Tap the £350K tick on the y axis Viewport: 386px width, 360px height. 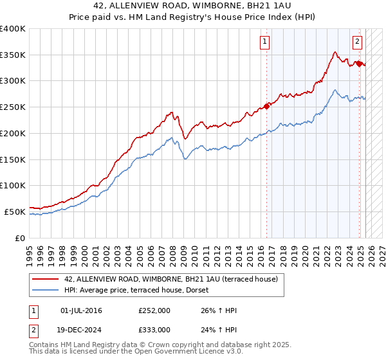coord(12,55)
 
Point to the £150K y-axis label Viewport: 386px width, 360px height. coord(12,159)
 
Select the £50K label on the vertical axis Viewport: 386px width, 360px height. coord(14,212)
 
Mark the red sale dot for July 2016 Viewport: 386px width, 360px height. coord(266,107)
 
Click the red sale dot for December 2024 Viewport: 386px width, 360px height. coord(358,64)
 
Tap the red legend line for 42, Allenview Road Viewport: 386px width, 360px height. coord(46,279)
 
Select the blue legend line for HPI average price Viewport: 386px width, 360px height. coord(46,290)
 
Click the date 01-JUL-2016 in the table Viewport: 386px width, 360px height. coord(80,310)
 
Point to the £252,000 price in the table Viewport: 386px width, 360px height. coord(154,310)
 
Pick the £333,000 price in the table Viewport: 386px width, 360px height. coord(154,329)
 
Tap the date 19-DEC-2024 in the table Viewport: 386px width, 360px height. coord(82,329)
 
